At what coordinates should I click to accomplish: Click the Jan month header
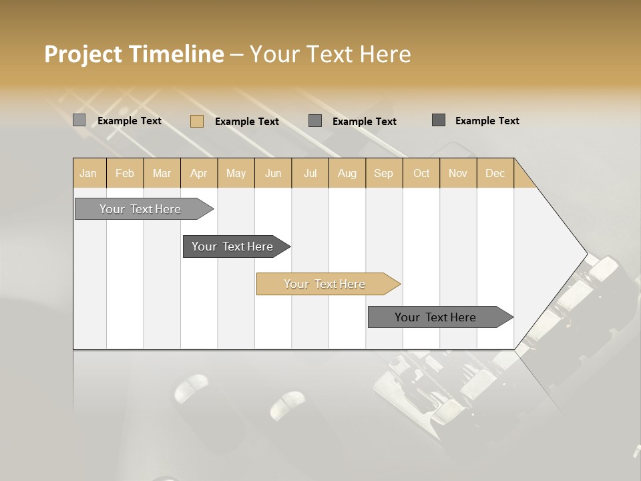pos(88,173)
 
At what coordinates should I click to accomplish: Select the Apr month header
pos(198,173)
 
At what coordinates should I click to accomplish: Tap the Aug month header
pos(347,173)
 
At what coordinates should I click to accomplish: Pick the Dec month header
pos(495,173)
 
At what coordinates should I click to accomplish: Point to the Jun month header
pos(273,173)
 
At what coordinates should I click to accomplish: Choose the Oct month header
pos(421,173)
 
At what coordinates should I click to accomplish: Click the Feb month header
pos(125,173)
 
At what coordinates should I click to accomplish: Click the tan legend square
pos(196,121)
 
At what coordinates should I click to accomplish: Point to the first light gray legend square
pos(79,120)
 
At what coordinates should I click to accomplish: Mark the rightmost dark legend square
pos(439,120)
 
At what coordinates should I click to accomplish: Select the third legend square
pos(315,121)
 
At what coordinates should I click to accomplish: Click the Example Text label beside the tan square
pos(247,122)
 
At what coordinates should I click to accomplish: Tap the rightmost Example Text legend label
pos(487,121)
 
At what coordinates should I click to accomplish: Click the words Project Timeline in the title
pos(134,54)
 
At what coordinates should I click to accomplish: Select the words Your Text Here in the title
pos(330,54)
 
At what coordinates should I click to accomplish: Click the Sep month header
pos(383,173)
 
